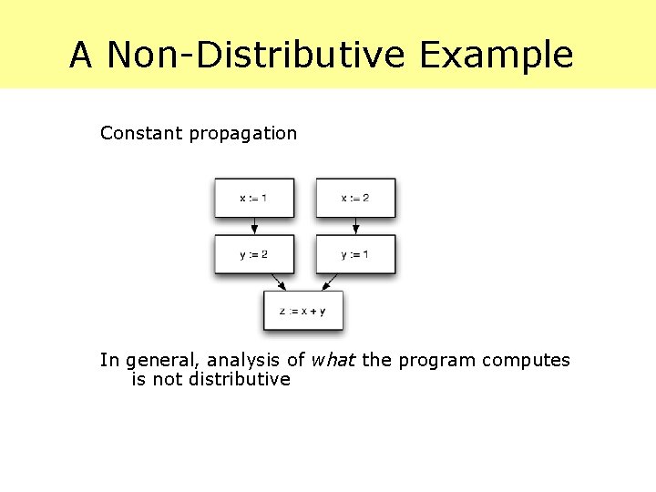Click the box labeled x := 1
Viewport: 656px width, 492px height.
click(x=254, y=198)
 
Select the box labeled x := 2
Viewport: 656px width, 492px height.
click(x=355, y=198)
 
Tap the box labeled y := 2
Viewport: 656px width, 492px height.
click(x=254, y=254)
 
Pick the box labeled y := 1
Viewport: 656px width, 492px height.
click(x=355, y=254)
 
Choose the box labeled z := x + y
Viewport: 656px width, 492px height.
click(x=303, y=311)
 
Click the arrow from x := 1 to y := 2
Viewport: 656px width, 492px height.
click(x=254, y=226)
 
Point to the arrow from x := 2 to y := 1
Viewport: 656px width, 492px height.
click(x=355, y=226)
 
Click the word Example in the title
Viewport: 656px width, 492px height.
click(x=497, y=55)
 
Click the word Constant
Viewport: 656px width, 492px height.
click(x=141, y=133)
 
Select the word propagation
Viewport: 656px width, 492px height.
click(x=242, y=134)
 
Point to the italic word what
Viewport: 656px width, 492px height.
click(x=333, y=360)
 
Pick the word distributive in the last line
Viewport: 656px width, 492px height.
click(x=240, y=379)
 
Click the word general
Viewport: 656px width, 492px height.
click(x=156, y=361)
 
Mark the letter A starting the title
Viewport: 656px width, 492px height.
click(x=81, y=55)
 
